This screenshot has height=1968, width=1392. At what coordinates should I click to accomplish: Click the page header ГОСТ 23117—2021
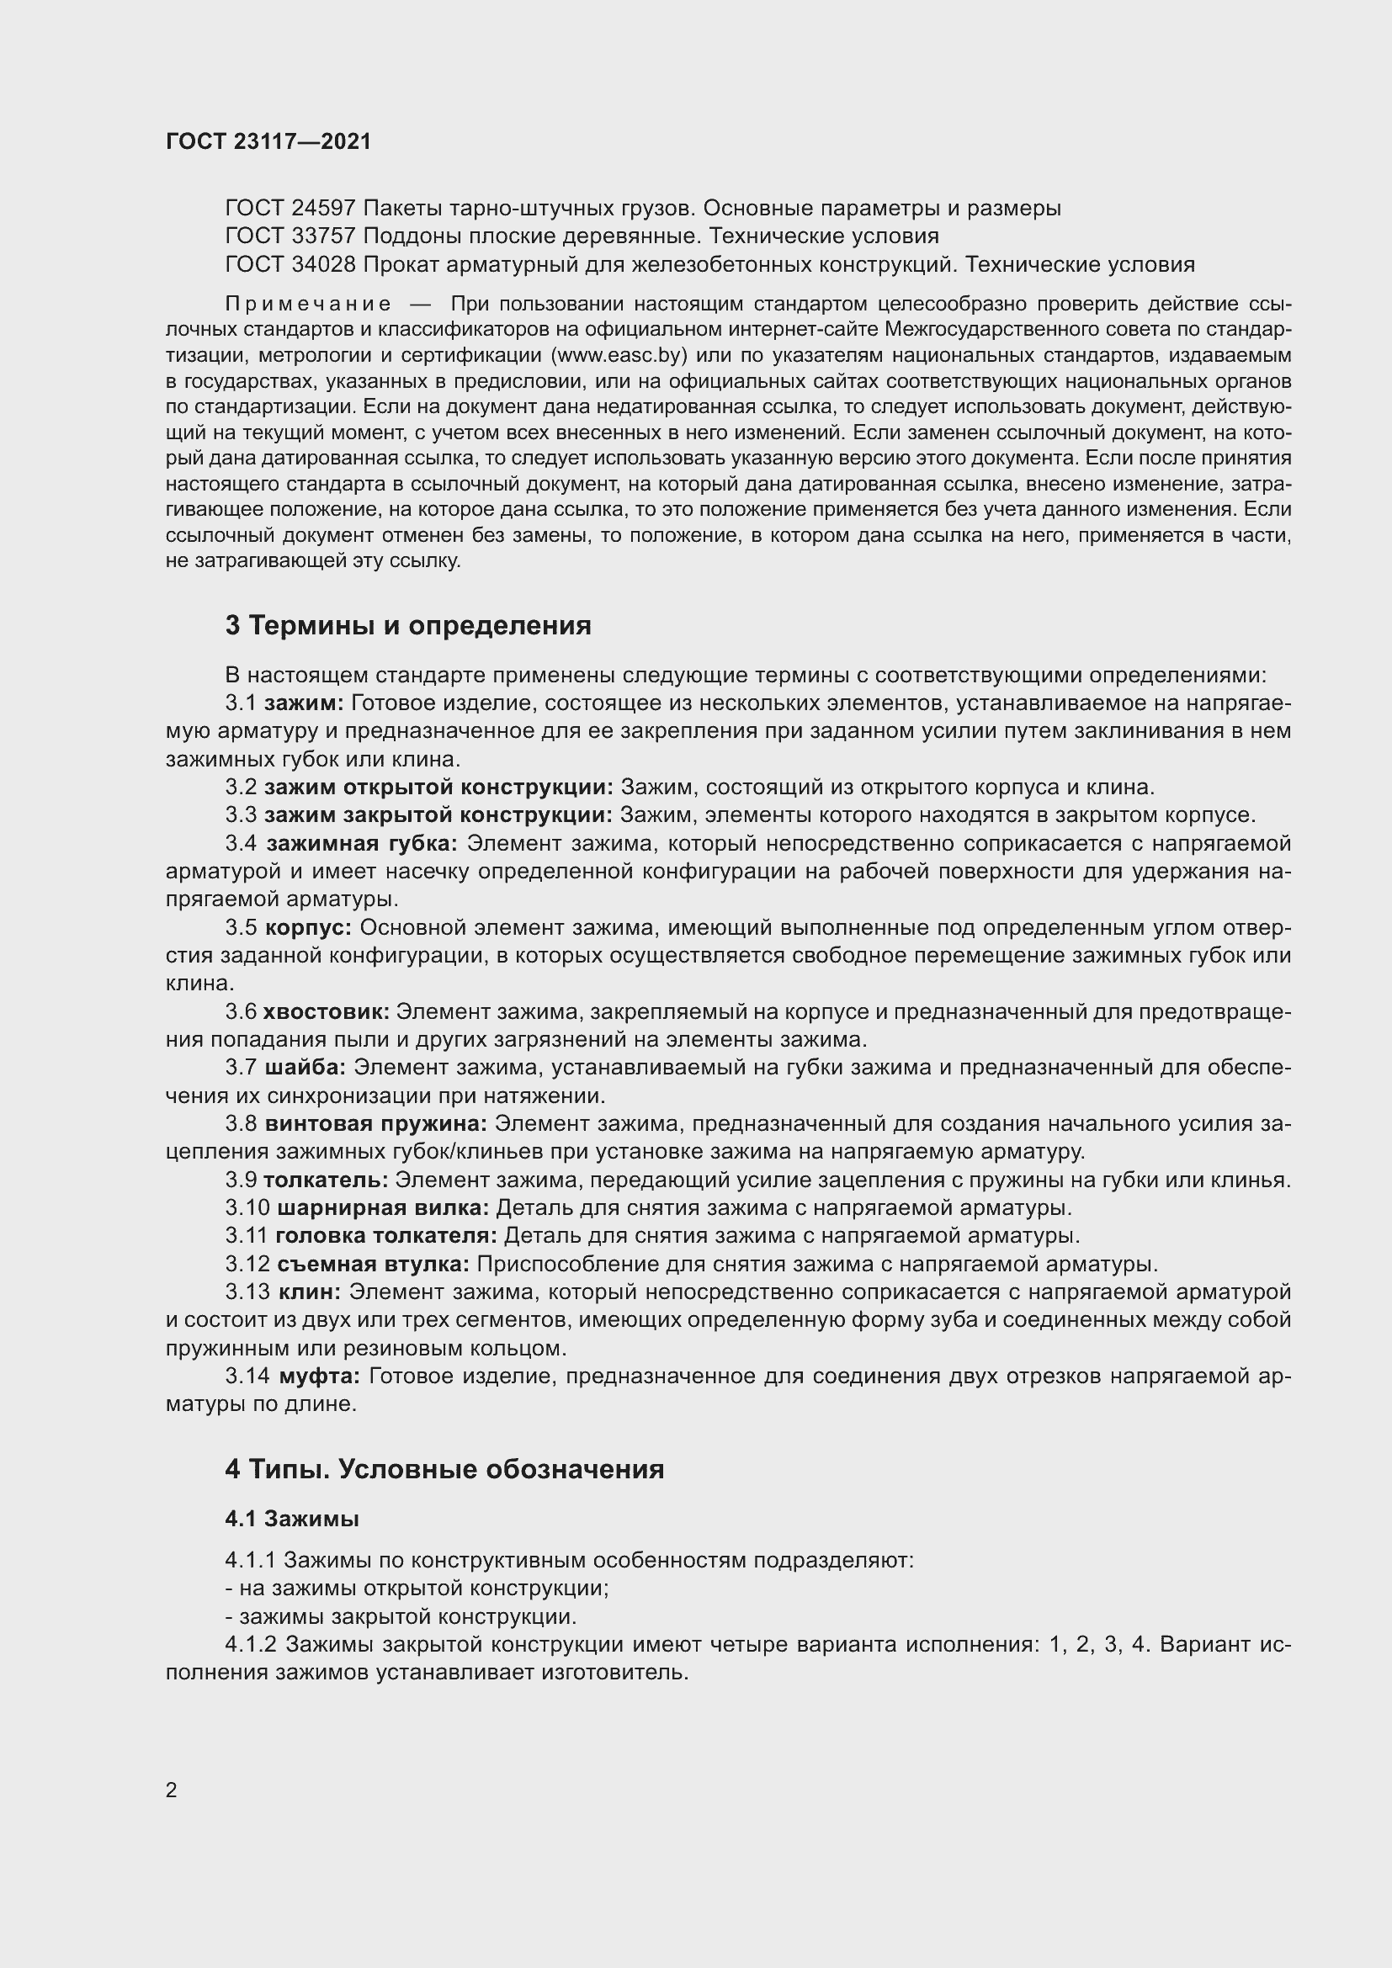(268, 142)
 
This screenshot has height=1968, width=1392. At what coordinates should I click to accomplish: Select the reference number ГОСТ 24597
(290, 209)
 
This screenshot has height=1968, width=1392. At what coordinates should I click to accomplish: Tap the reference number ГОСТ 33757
(290, 236)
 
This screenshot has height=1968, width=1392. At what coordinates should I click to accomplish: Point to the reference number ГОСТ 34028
(290, 265)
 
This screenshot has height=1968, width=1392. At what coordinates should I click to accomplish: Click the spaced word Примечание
(308, 305)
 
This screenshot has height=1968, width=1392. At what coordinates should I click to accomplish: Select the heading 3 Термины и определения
(408, 626)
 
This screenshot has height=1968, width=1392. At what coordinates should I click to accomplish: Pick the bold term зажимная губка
(362, 843)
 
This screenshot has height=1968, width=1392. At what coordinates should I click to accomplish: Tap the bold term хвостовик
(326, 1011)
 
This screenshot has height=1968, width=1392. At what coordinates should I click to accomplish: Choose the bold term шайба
(305, 1067)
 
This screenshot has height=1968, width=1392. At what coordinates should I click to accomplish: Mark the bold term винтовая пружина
(375, 1124)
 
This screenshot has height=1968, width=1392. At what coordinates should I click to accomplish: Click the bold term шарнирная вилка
(383, 1207)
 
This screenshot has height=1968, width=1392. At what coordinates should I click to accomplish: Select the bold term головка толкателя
(385, 1236)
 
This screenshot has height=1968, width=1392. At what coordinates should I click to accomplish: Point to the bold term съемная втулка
(373, 1265)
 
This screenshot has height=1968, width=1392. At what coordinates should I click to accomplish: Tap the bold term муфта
(319, 1377)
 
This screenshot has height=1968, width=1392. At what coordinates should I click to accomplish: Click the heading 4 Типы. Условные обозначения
(444, 1469)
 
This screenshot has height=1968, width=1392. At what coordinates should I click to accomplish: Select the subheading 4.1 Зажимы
(291, 1519)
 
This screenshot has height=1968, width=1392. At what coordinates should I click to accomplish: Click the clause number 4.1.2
(251, 1645)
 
